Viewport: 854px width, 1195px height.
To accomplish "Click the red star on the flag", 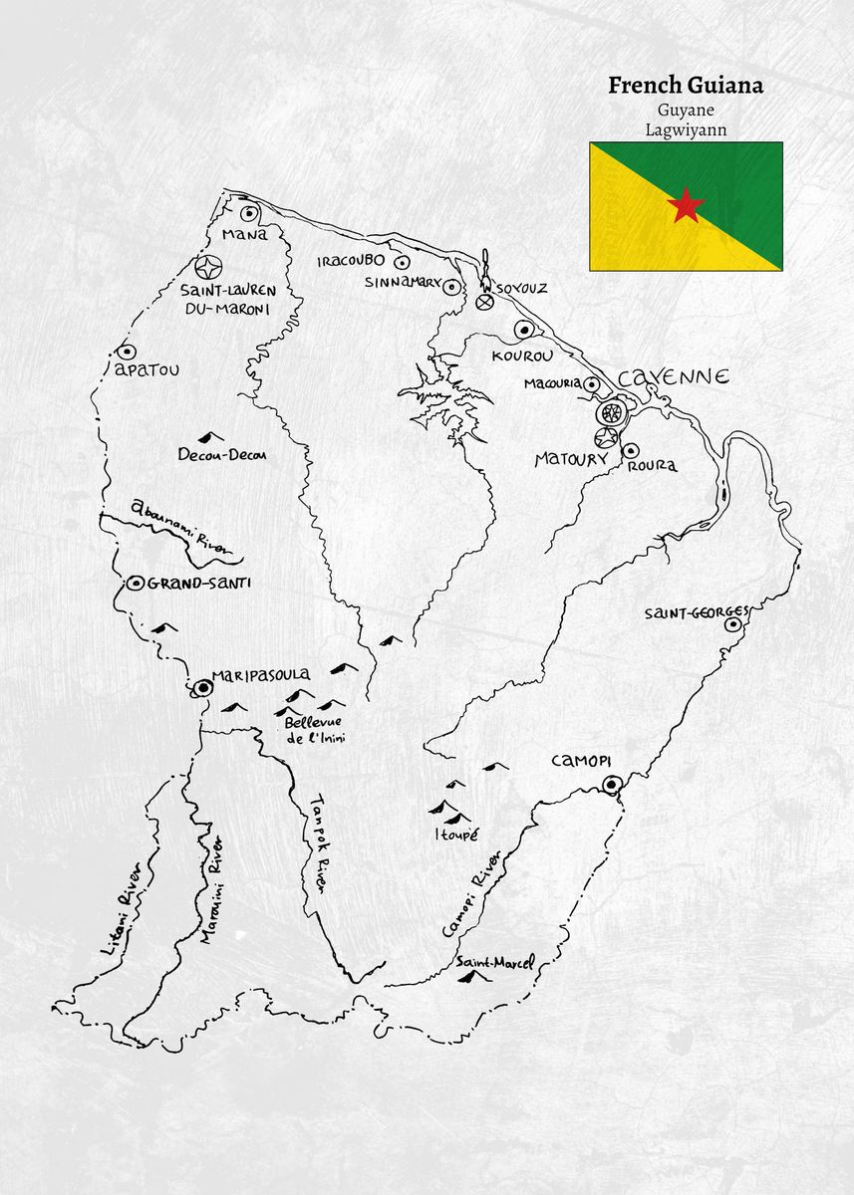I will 686,205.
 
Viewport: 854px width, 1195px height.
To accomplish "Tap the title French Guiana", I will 686,85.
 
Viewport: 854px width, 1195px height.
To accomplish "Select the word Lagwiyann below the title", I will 686,129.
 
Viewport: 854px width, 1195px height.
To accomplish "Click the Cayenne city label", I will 674,377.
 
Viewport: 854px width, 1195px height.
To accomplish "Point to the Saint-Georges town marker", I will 733,624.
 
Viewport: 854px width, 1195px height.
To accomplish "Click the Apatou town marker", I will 127,352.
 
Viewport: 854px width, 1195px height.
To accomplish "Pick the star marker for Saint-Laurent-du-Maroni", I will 208,268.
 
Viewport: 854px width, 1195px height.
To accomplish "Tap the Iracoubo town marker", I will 402,263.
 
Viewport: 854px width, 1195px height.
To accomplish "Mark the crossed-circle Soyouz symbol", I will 486,301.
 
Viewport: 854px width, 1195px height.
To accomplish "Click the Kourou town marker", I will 522,329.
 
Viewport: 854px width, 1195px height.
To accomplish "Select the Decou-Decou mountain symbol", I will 210,437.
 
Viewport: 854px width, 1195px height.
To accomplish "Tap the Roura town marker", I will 631,450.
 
